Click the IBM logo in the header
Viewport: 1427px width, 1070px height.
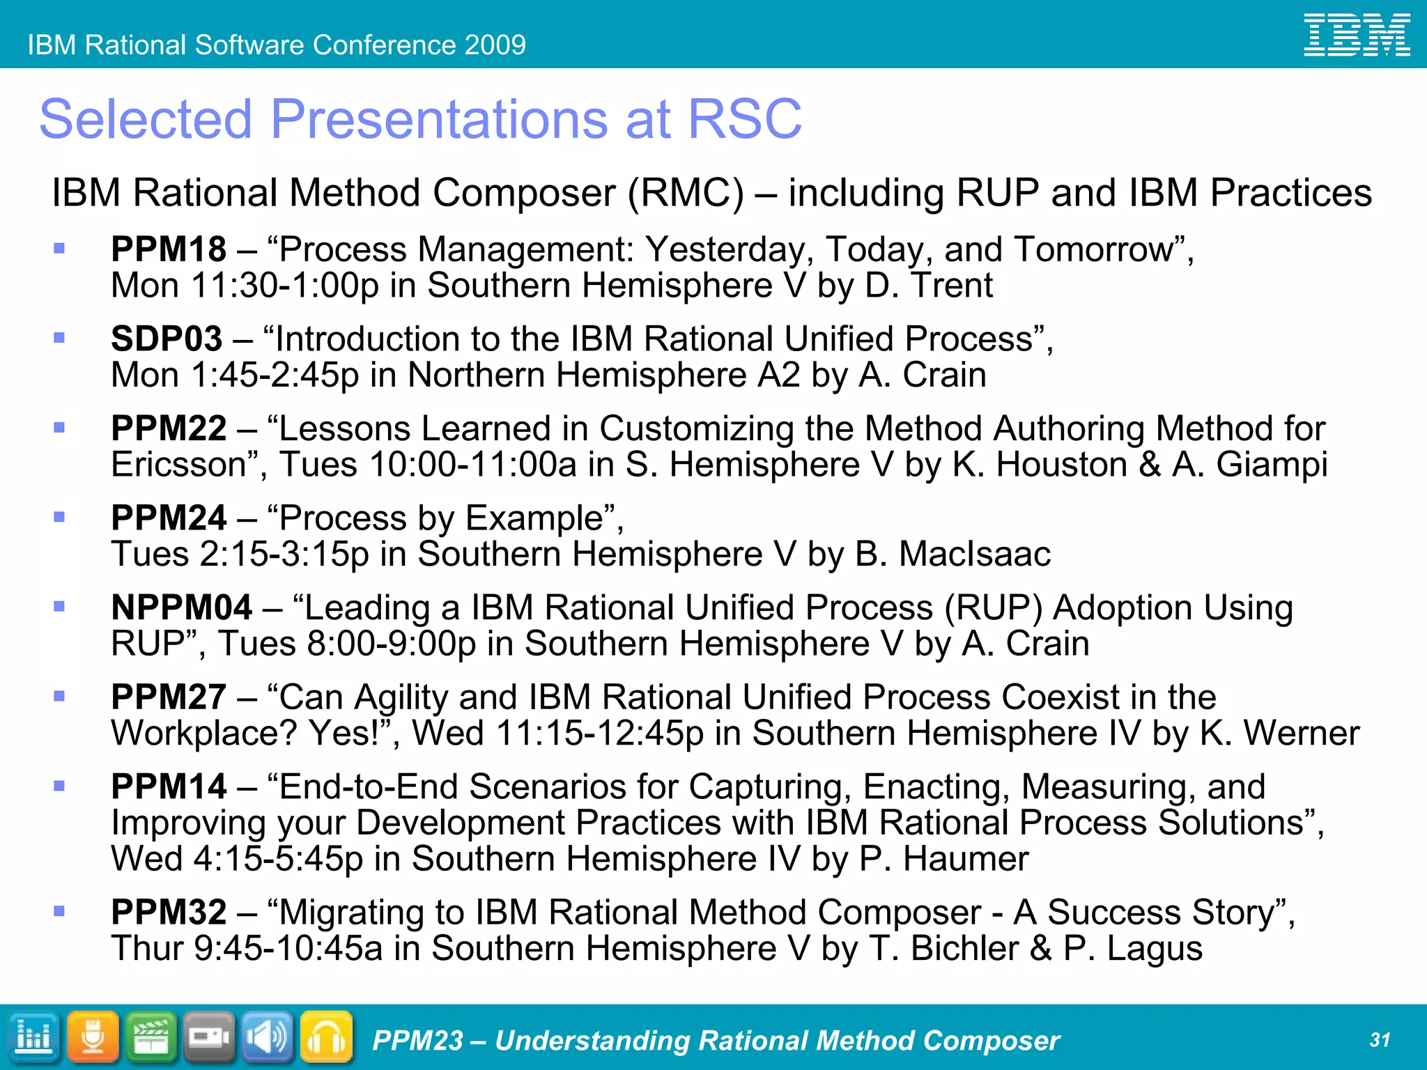(1357, 35)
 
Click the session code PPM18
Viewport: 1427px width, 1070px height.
(169, 249)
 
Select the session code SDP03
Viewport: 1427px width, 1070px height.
(167, 339)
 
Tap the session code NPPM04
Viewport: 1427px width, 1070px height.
(181, 607)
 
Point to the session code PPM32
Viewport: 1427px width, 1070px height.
(169, 912)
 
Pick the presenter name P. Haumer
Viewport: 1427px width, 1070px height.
(943, 859)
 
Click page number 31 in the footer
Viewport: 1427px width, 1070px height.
(1380, 1040)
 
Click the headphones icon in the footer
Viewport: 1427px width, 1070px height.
(326, 1038)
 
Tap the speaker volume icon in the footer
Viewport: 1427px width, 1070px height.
(268, 1038)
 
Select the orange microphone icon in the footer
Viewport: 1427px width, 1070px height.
(93, 1038)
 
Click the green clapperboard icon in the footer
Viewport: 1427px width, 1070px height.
(151, 1038)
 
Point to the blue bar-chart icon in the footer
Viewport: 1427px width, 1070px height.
(33, 1038)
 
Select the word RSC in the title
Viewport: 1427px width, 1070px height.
(744, 119)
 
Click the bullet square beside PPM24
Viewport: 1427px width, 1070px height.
(59, 517)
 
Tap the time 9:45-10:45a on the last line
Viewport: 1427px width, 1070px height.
(288, 949)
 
